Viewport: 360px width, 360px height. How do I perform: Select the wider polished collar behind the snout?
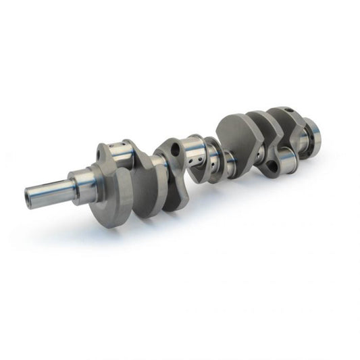(82, 184)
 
